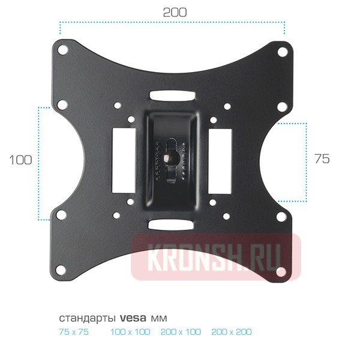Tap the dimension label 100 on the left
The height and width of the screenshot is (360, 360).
20,160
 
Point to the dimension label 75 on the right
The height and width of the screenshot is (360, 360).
322,158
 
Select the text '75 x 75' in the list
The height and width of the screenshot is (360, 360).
74,332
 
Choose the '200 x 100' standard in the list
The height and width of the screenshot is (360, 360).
181,332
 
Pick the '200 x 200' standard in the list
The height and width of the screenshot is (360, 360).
232,332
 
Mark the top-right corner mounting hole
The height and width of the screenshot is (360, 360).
282,51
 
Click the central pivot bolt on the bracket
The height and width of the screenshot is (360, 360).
170,158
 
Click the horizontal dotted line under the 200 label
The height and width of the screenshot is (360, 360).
172,23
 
